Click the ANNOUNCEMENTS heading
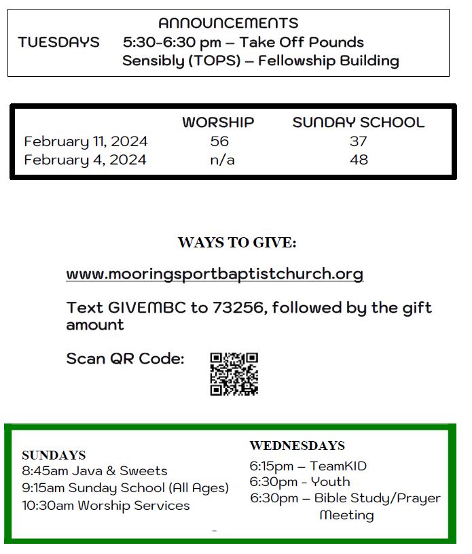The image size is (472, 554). tap(228, 24)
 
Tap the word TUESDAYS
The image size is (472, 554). tap(58, 42)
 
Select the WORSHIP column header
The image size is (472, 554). tap(218, 123)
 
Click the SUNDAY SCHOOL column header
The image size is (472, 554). tap(358, 123)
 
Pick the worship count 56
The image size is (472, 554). tap(219, 141)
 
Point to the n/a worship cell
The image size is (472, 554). tap(219, 160)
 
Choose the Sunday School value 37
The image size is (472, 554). tap(358, 141)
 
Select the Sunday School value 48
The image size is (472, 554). tap(358, 160)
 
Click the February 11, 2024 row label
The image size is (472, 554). tap(86, 141)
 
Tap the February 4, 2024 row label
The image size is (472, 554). tap(85, 160)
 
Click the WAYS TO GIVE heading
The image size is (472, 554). tap(237, 243)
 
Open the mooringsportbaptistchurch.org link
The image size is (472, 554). tap(215, 274)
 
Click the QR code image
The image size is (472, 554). tap(234, 373)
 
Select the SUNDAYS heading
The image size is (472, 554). tap(54, 455)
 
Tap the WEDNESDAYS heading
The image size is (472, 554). tap(297, 446)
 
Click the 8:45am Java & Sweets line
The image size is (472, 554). tap(94, 471)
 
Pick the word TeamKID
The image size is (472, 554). tap(338, 466)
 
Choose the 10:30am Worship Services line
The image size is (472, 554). tap(106, 506)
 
